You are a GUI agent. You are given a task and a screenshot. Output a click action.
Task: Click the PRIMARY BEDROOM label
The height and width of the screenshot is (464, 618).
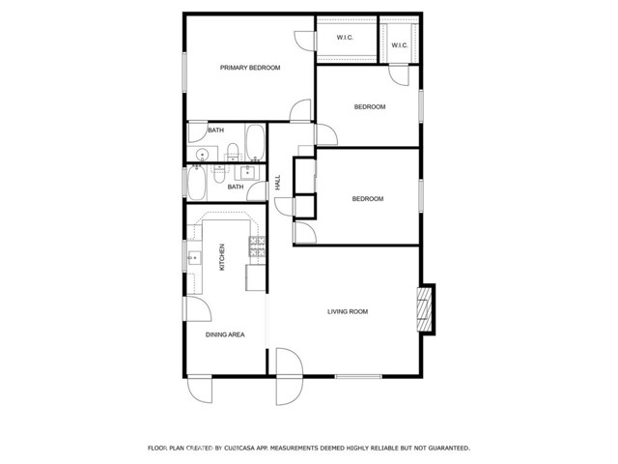coord(250,68)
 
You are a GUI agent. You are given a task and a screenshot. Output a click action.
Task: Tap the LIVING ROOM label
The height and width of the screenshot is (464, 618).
coord(348,311)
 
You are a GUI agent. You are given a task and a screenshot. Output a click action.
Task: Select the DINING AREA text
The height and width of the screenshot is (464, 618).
coord(225,334)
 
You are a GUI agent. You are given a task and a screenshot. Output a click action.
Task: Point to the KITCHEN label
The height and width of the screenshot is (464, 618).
coord(222,257)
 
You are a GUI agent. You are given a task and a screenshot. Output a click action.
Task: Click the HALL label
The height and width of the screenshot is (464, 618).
coord(278,183)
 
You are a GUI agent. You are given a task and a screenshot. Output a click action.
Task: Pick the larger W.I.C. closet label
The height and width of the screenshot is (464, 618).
coord(345,38)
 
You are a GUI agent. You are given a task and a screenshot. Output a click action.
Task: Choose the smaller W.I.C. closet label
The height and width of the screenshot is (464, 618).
coord(399,45)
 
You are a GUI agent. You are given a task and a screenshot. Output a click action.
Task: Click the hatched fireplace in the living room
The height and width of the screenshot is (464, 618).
coord(425,309)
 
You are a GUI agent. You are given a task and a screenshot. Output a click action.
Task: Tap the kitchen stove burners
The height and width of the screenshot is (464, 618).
coord(257,246)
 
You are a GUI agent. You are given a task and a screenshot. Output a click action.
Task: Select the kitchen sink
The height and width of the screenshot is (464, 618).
coord(194,258)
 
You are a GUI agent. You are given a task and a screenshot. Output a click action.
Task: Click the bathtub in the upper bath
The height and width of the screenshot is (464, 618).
coord(255,142)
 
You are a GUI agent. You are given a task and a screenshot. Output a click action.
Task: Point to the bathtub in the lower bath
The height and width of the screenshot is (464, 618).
coord(197,183)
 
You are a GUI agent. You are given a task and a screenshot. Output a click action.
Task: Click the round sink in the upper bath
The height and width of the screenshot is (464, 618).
coord(202,155)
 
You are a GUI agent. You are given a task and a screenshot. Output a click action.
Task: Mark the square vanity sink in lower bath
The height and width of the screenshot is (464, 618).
coord(247,172)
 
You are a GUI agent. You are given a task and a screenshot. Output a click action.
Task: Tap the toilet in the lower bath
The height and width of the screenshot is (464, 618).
coord(219,174)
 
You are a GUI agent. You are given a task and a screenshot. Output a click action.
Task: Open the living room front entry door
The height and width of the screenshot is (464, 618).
coord(290,376)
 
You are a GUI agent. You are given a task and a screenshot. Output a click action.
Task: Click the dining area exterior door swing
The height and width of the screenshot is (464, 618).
coord(200,390)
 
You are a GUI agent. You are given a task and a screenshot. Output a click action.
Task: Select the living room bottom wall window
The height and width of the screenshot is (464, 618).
coord(358,376)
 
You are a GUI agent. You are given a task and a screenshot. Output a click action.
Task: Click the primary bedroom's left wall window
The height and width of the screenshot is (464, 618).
coord(184,72)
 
